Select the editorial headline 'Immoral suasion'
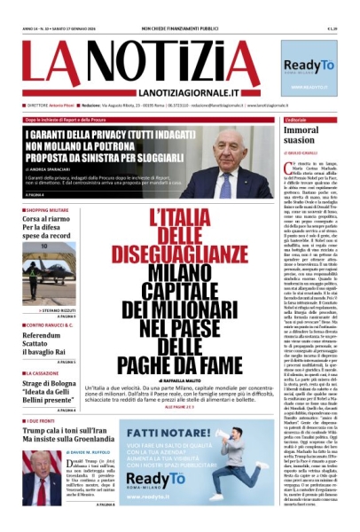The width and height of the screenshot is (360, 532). coord(301,135)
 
